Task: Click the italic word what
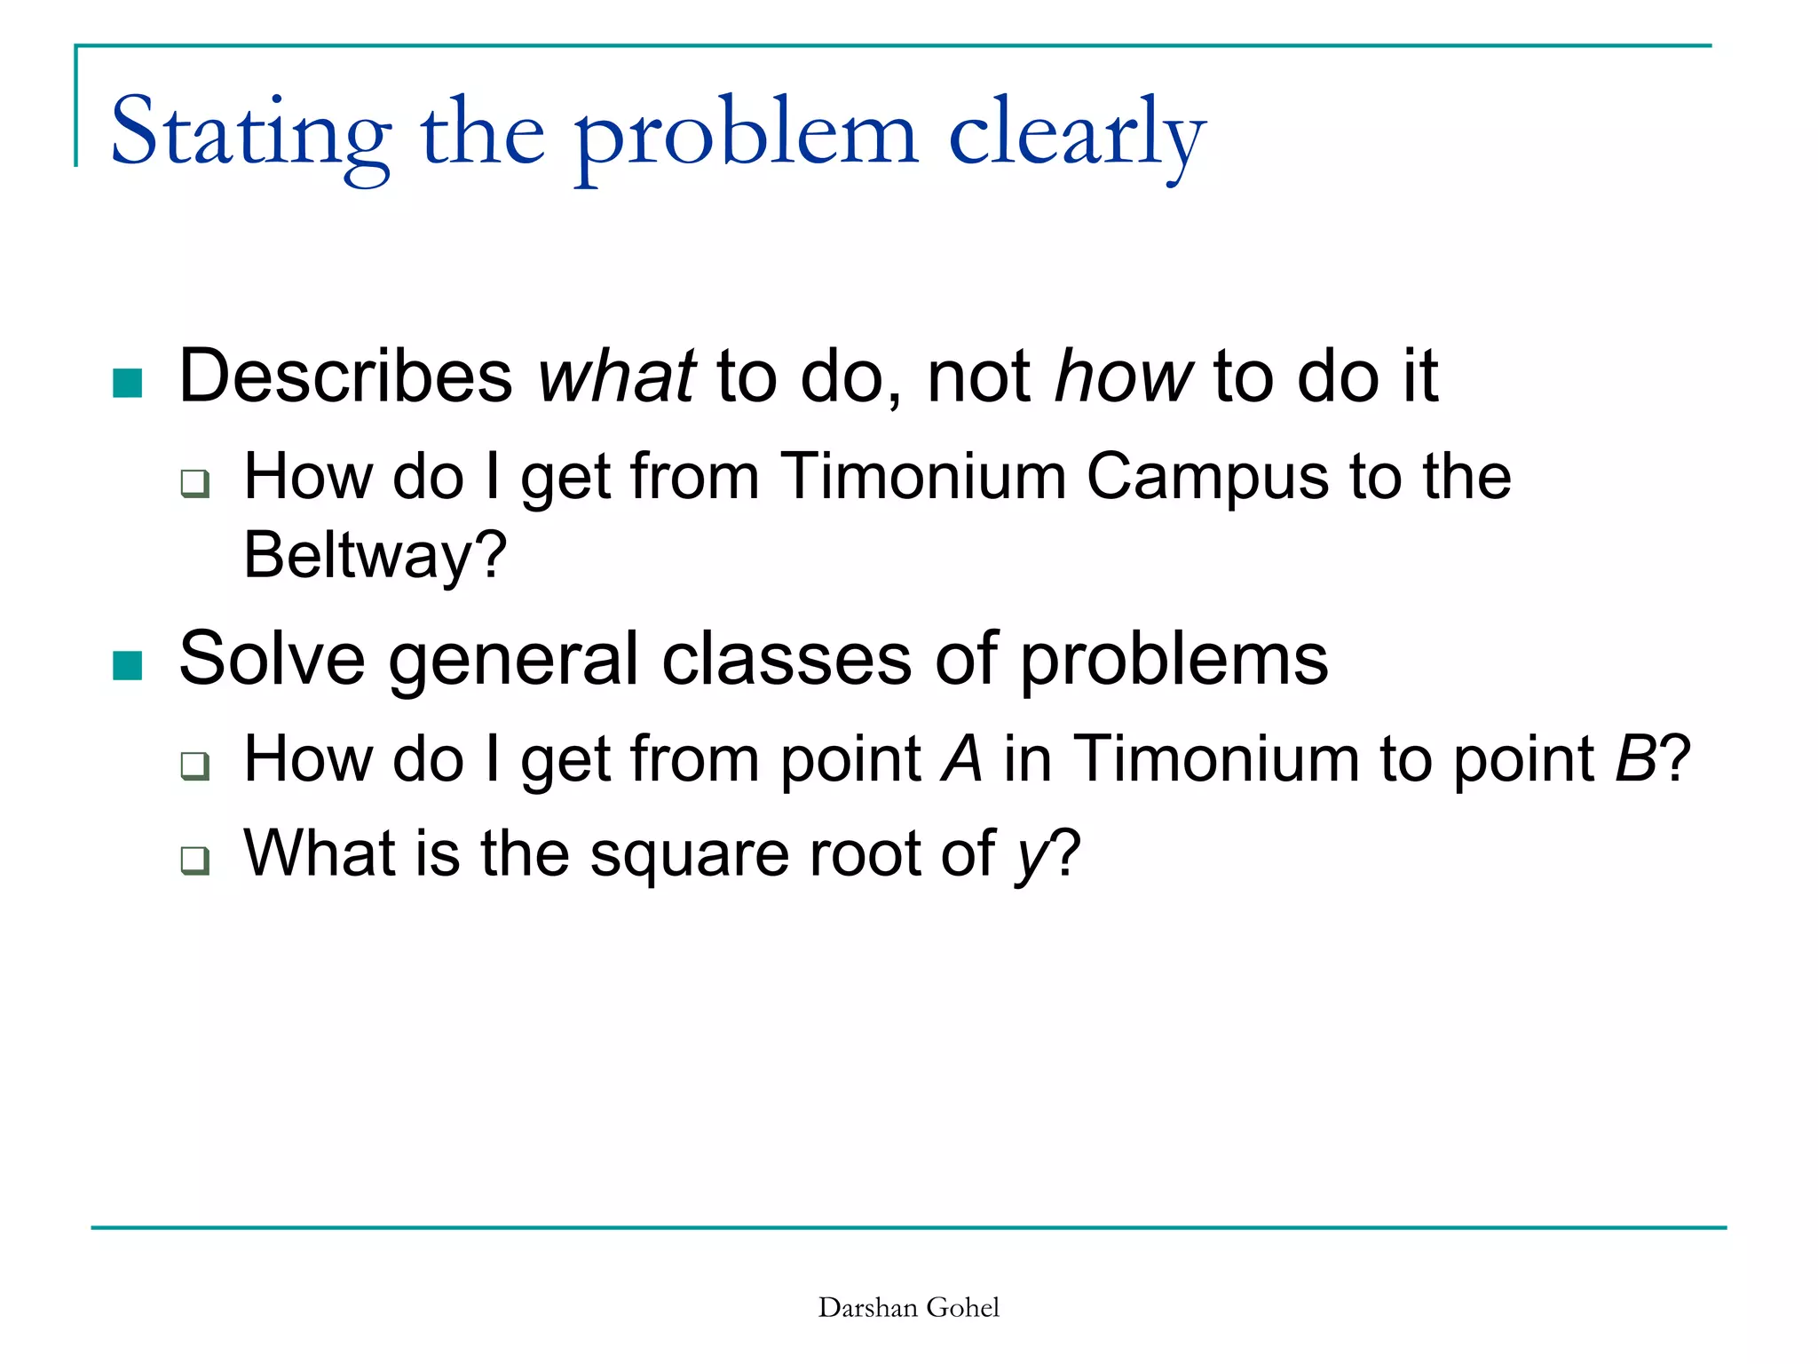[x=616, y=377]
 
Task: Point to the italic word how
[x=1122, y=377]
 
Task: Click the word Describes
[x=345, y=377]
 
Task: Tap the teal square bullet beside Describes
[x=128, y=384]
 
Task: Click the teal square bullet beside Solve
[x=128, y=665]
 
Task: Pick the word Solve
[x=272, y=659]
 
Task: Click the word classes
[x=786, y=659]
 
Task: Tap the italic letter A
[x=962, y=760]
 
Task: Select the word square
[x=689, y=855]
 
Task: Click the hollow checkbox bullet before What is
[x=194, y=860]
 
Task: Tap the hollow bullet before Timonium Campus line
[x=194, y=484]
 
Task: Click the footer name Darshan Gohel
[x=908, y=1307]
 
